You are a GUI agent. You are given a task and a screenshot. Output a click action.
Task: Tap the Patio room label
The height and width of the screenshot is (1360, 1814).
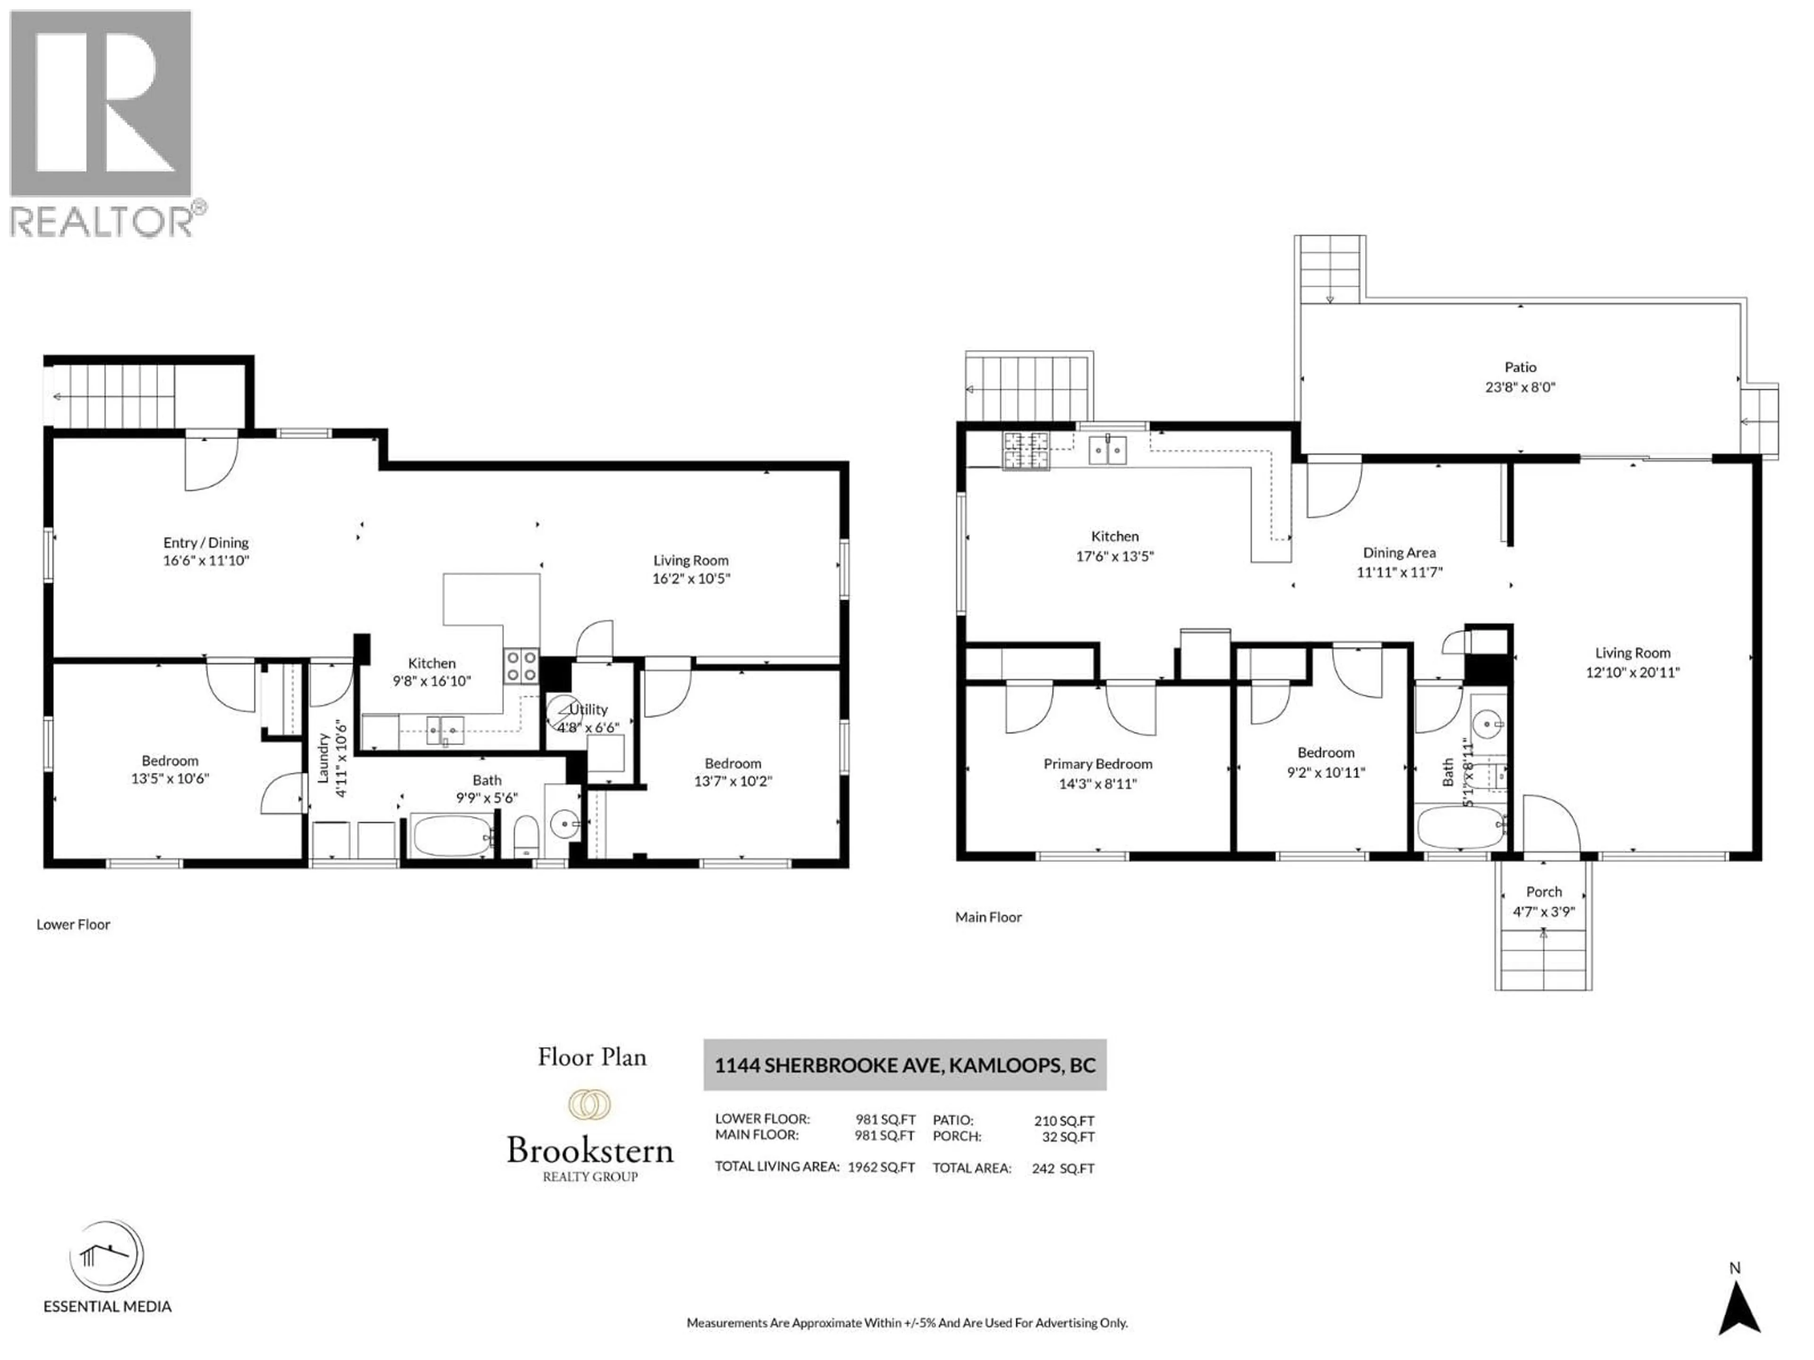(x=1520, y=367)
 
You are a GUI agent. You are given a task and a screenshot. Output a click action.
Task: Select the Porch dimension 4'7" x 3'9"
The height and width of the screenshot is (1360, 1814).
(x=1543, y=911)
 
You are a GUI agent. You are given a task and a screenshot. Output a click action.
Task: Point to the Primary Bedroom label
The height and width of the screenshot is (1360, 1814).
(x=1097, y=764)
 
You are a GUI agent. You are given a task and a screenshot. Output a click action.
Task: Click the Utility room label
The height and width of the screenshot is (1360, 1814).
(x=589, y=710)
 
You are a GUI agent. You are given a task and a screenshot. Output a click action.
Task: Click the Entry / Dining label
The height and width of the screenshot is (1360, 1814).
(x=206, y=543)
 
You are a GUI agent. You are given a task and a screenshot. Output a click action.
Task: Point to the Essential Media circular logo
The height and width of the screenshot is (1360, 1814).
(x=107, y=1256)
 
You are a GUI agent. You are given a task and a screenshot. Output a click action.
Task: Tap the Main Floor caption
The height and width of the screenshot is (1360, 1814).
(x=988, y=918)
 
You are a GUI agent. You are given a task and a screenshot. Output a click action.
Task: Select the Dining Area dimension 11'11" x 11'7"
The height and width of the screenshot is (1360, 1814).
(x=1399, y=572)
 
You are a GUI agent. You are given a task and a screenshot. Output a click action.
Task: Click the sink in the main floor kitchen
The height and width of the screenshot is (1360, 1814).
(x=1107, y=450)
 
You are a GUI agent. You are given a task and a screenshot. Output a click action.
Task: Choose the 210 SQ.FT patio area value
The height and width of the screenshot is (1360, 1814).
(x=1064, y=1121)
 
